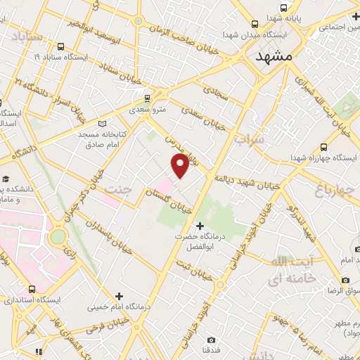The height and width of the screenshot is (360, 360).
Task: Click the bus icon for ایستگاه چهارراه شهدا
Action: click(323, 147)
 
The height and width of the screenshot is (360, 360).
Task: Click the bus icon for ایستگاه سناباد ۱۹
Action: click(61, 47)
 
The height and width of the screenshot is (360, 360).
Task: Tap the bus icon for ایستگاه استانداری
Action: click(32, 289)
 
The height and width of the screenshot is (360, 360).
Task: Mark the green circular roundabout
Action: click(58, 236)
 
